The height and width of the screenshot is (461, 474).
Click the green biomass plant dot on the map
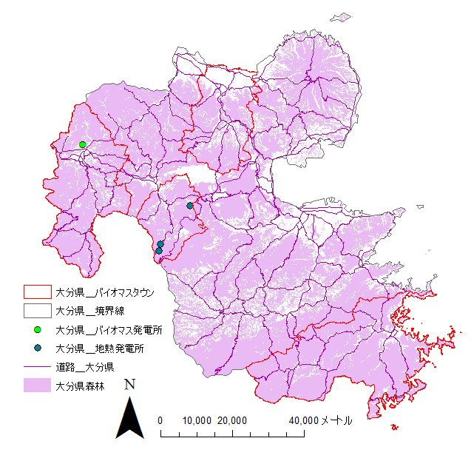83,144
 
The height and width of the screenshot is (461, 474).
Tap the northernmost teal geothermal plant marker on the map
190,206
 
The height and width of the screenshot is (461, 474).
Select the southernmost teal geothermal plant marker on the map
159,251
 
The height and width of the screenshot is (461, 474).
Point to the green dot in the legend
37,329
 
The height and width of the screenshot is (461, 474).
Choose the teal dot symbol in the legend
37,348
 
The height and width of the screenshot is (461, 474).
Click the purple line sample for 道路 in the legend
36,366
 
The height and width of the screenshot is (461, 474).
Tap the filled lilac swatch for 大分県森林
36,385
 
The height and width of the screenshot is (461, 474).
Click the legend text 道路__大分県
83,366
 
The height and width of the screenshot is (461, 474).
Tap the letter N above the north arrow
130,385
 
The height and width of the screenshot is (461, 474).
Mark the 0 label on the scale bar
160,420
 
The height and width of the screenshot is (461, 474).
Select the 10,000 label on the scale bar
196,420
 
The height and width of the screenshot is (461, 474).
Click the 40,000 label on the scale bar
302,420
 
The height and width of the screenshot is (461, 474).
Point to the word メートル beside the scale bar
336,420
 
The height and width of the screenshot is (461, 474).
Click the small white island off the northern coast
342,17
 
